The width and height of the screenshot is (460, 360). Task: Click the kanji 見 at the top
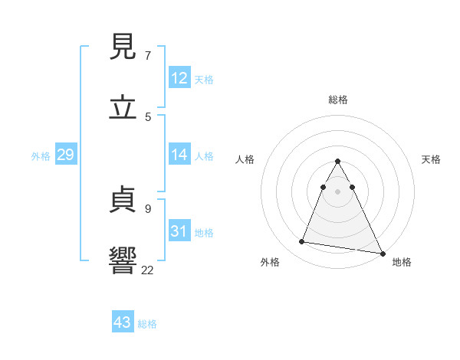[x=123, y=47]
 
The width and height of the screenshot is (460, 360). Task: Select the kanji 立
[x=123, y=108]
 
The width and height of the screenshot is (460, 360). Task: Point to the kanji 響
[x=123, y=260]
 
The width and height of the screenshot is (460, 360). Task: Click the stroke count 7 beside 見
[x=147, y=56]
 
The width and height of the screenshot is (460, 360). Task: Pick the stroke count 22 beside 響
[x=147, y=270]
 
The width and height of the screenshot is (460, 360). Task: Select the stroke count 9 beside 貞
[x=147, y=208]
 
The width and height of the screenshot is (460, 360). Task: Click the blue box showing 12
[x=179, y=77]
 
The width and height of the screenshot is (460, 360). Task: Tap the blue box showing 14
[x=179, y=155]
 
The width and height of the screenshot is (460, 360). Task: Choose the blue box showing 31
[x=179, y=231]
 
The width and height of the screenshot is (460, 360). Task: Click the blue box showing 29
[x=65, y=155]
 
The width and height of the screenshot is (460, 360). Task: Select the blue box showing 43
[x=123, y=322]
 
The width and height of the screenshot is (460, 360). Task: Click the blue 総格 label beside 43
[x=147, y=324]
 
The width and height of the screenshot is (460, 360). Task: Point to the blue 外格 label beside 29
[x=41, y=156]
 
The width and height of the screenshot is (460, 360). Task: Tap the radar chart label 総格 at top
[x=337, y=100]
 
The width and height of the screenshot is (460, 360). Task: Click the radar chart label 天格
[x=432, y=159]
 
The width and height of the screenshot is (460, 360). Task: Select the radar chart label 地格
[x=402, y=262]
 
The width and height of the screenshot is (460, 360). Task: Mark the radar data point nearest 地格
[x=382, y=253]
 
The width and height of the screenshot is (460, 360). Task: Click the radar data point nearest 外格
[x=302, y=242]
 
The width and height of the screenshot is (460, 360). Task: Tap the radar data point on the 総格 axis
[x=337, y=162]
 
